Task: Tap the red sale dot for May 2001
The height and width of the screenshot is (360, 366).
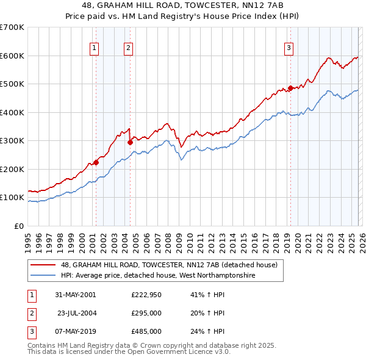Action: [96, 162]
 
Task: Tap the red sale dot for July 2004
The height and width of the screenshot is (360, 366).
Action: [130, 142]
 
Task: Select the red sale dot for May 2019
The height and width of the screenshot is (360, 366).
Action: [290, 88]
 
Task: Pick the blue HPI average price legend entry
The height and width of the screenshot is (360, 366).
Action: [157, 276]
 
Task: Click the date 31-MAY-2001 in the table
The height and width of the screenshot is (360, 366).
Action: [75, 295]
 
